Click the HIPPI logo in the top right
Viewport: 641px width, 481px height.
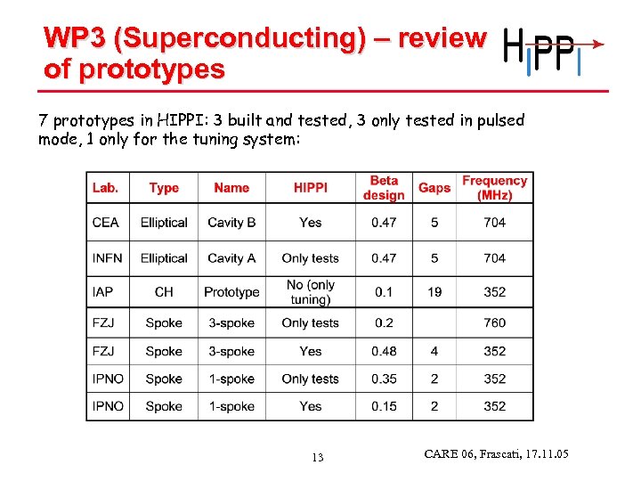[552, 51]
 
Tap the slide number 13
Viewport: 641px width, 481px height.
[318, 458]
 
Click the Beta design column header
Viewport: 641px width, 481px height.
[384, 188]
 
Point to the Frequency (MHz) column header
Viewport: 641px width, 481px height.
[494, 188]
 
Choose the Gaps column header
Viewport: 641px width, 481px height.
[434, 188]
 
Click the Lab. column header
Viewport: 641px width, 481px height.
[106, 188]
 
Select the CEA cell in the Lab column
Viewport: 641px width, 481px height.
[106, 223]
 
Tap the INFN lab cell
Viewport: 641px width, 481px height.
[108, 258]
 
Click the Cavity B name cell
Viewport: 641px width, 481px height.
[231, 223]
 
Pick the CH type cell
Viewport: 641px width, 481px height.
[164, 292]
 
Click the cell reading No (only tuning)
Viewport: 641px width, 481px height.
[311, 292]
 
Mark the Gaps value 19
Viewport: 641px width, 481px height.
[434, 292]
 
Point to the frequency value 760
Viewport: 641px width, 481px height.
[494, 323]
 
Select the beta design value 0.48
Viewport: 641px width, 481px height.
[384, 352]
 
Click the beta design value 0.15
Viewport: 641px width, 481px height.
[384, 406]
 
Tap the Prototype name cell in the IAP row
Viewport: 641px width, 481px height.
[231, 292]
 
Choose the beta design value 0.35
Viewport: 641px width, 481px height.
[384, 379]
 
